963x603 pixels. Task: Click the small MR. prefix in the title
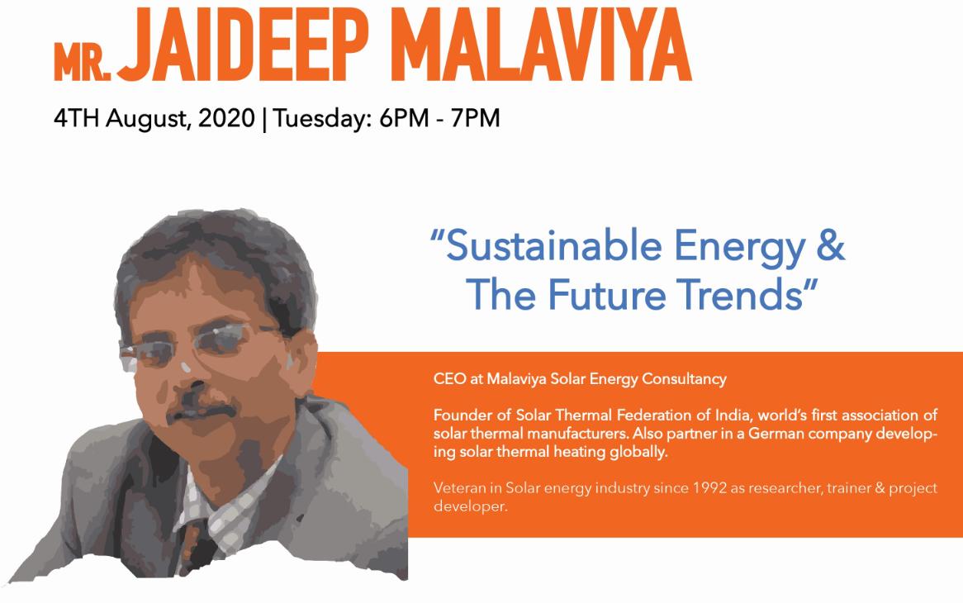pyautogui.click(x=83, y=62)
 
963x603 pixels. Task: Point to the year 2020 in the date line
pyautogui.click(x=226, y=117)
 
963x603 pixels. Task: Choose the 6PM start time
pyautogui.click(x=404, y=117)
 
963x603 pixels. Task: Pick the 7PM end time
pyautogui.click(x=476, y=117)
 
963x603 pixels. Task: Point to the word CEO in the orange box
pyautogui.click(x=449, y=379)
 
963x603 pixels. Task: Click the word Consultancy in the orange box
pyautogui.click(x=684, y=380)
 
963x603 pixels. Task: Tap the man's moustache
pyautogui.click(x=202, y=411)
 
